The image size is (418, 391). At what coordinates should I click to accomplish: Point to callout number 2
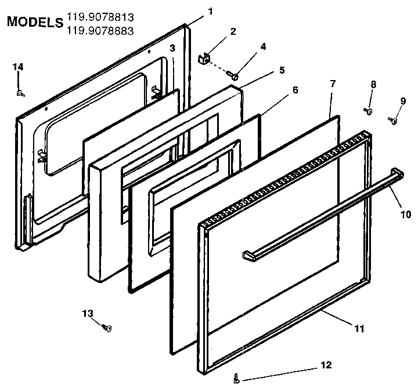233,31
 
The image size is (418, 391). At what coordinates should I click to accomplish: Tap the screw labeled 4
234,75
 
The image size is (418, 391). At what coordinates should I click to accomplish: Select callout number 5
282,70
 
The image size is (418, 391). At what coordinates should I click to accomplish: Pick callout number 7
333,84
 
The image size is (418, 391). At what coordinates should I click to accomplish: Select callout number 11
359,328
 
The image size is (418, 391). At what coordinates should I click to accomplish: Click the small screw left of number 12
236,379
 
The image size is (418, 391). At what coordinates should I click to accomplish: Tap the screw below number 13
107,328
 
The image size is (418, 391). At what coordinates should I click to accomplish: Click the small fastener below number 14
19,92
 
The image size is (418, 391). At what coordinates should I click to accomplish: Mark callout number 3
172,48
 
